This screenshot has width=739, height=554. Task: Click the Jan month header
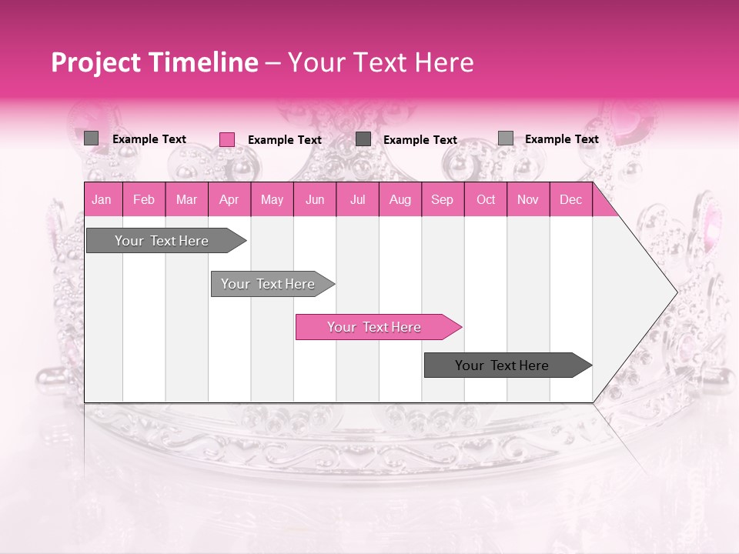[x=102, y=200]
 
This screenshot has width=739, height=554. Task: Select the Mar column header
[x=186, y=200]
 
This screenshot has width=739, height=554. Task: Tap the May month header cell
[x=272, y=200]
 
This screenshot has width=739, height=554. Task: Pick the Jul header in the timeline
[x=357, y=200]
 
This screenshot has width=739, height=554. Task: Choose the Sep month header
[x=442, y=200]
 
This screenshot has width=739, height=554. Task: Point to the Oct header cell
[x=486, y=200]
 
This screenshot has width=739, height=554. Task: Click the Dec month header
[x=570, y=200]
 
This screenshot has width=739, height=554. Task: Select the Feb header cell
[x=144, y=200]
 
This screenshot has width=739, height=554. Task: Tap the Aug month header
[x=400, y=200]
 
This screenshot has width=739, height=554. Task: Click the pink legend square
[x=227, y=139]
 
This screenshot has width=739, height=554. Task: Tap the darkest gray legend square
[x=363, y=139]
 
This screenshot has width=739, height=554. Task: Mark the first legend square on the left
[x=92, y=138]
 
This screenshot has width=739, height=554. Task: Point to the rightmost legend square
[x=505, y=138]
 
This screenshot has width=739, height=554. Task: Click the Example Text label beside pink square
[x=285, y=140]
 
